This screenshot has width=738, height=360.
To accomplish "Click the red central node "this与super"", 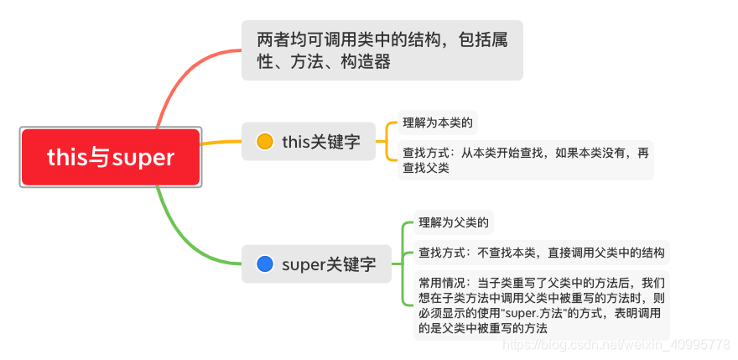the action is (x=111, y=158).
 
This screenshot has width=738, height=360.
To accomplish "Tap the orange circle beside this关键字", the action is (x=265, y=142).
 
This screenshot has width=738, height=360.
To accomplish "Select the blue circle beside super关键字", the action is (x=265, y=264).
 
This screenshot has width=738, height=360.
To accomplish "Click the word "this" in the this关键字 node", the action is (x=296, y=142).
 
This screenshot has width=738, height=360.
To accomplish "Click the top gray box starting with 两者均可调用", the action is (x=382, y=50).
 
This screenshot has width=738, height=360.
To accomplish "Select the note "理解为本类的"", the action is (x=438, y=123).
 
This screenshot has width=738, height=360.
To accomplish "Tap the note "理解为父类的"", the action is (x=455, y=223).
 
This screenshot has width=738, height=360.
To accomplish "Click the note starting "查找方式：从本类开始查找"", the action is (x=525, y=159).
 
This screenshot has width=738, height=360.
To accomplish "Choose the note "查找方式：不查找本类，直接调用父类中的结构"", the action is (x=542, y=252).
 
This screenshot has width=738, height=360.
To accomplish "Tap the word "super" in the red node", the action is (x=143, y=158).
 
